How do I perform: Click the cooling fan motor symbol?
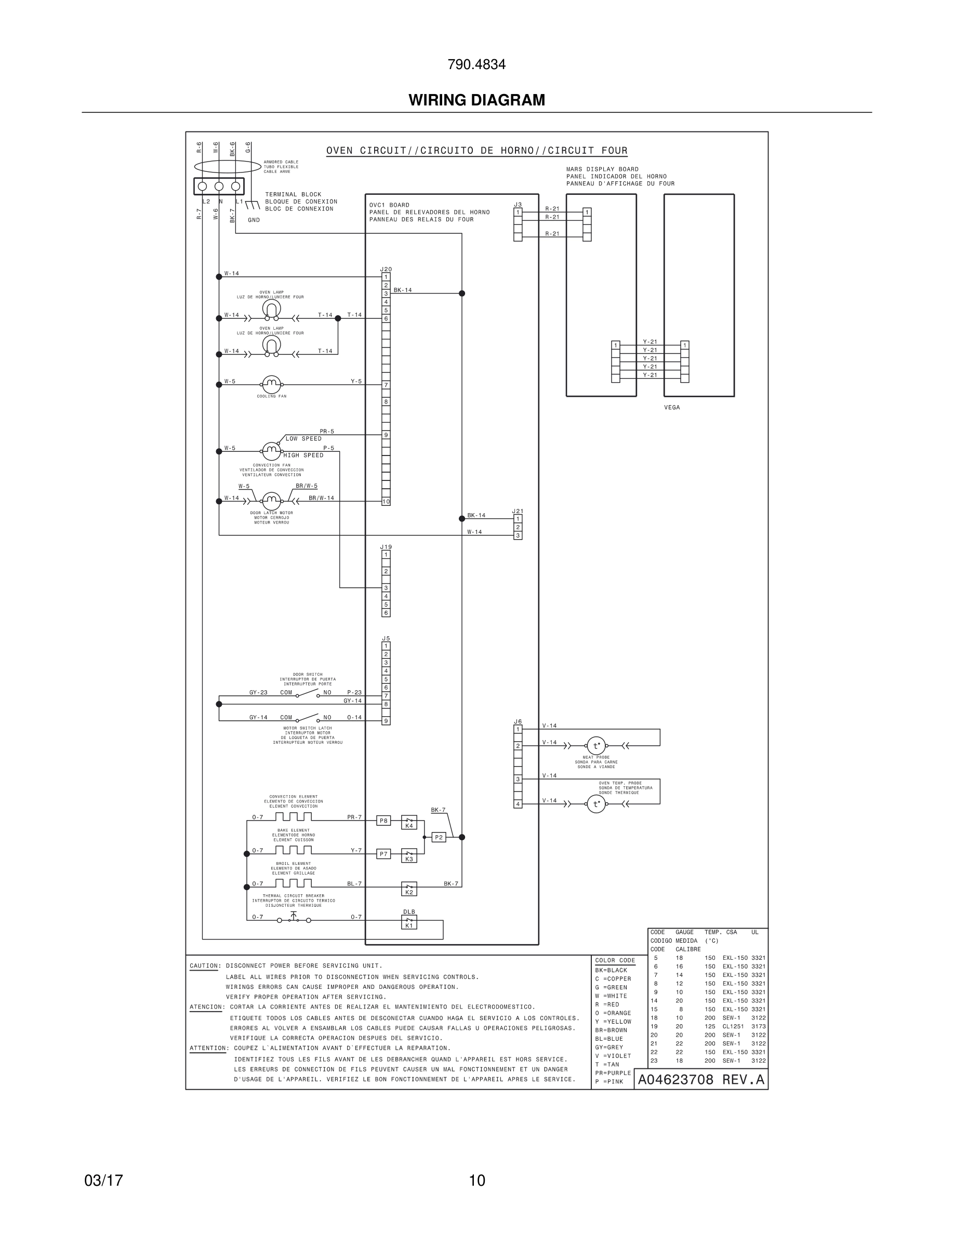[x=271, y=384]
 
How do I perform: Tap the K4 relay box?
[x=408, y=822]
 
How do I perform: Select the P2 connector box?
[x=438, y=837]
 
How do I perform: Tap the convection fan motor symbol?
[x=271, y=451]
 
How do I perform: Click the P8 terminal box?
[x=383, y=821]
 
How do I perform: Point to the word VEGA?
[x=672, y=407]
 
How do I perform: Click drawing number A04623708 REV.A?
[x=701, y=1080]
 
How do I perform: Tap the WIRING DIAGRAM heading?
[x=476, y=100]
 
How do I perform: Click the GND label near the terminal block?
[x=254, y=220]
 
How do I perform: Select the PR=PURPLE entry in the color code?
[x=613, y=1073]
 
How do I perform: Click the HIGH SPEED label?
[x=303, y=455]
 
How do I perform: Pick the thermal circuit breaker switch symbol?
[x=294, y=920]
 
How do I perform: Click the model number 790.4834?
[x=476, y=65]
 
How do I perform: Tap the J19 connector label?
[x=386, y=547]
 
